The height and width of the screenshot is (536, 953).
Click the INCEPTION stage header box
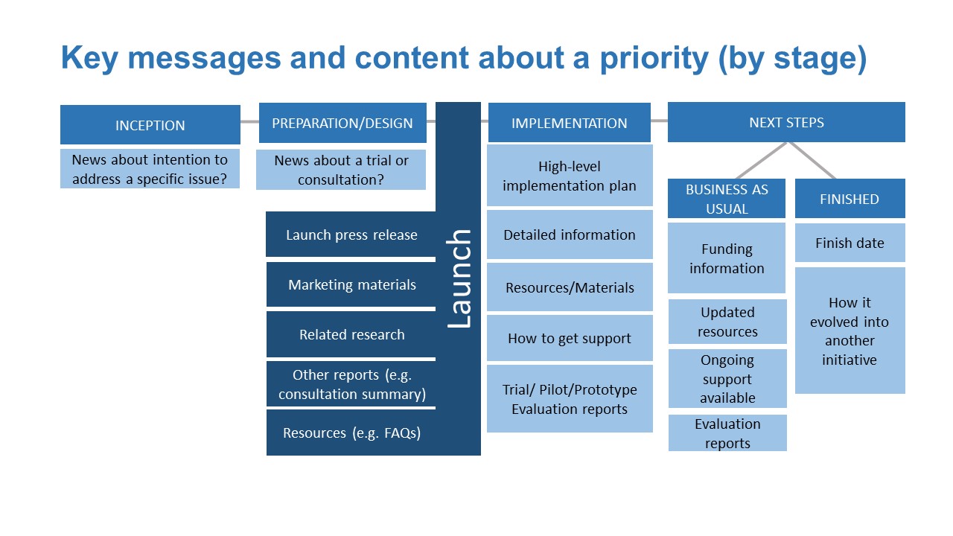(x=150, y=124)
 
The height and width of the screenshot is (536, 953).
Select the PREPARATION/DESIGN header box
(x=342, y=123)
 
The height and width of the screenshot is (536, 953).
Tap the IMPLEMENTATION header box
(x=570, y=123)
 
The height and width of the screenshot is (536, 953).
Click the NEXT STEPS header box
(x=786, y=122)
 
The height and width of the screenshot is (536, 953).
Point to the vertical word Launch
(x=459, y=278)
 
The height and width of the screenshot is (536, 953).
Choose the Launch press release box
(x=351, y=234)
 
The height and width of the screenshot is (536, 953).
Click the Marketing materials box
(x=351, y=284)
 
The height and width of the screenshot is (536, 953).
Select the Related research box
(x=351, y=334)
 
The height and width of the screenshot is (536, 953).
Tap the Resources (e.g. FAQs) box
(x=351, y=433)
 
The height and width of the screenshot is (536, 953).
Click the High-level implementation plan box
(x=570, y=175)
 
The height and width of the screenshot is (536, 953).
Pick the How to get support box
(x=570, y=338)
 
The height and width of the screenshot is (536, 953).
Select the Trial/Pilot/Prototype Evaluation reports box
(x=570, y=398)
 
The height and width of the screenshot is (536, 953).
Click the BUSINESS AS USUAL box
(x=727, y=199)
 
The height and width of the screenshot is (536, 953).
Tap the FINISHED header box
(x=850, y=199)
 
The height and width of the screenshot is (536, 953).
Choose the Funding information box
(x=727, y=258)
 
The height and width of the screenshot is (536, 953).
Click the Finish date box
(x=850, y=243)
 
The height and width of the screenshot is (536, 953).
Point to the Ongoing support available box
(x=727, y=379)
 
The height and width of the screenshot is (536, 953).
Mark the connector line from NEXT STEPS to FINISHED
(x=812, y=160)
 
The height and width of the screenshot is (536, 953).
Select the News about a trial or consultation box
(x=341, y=169)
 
